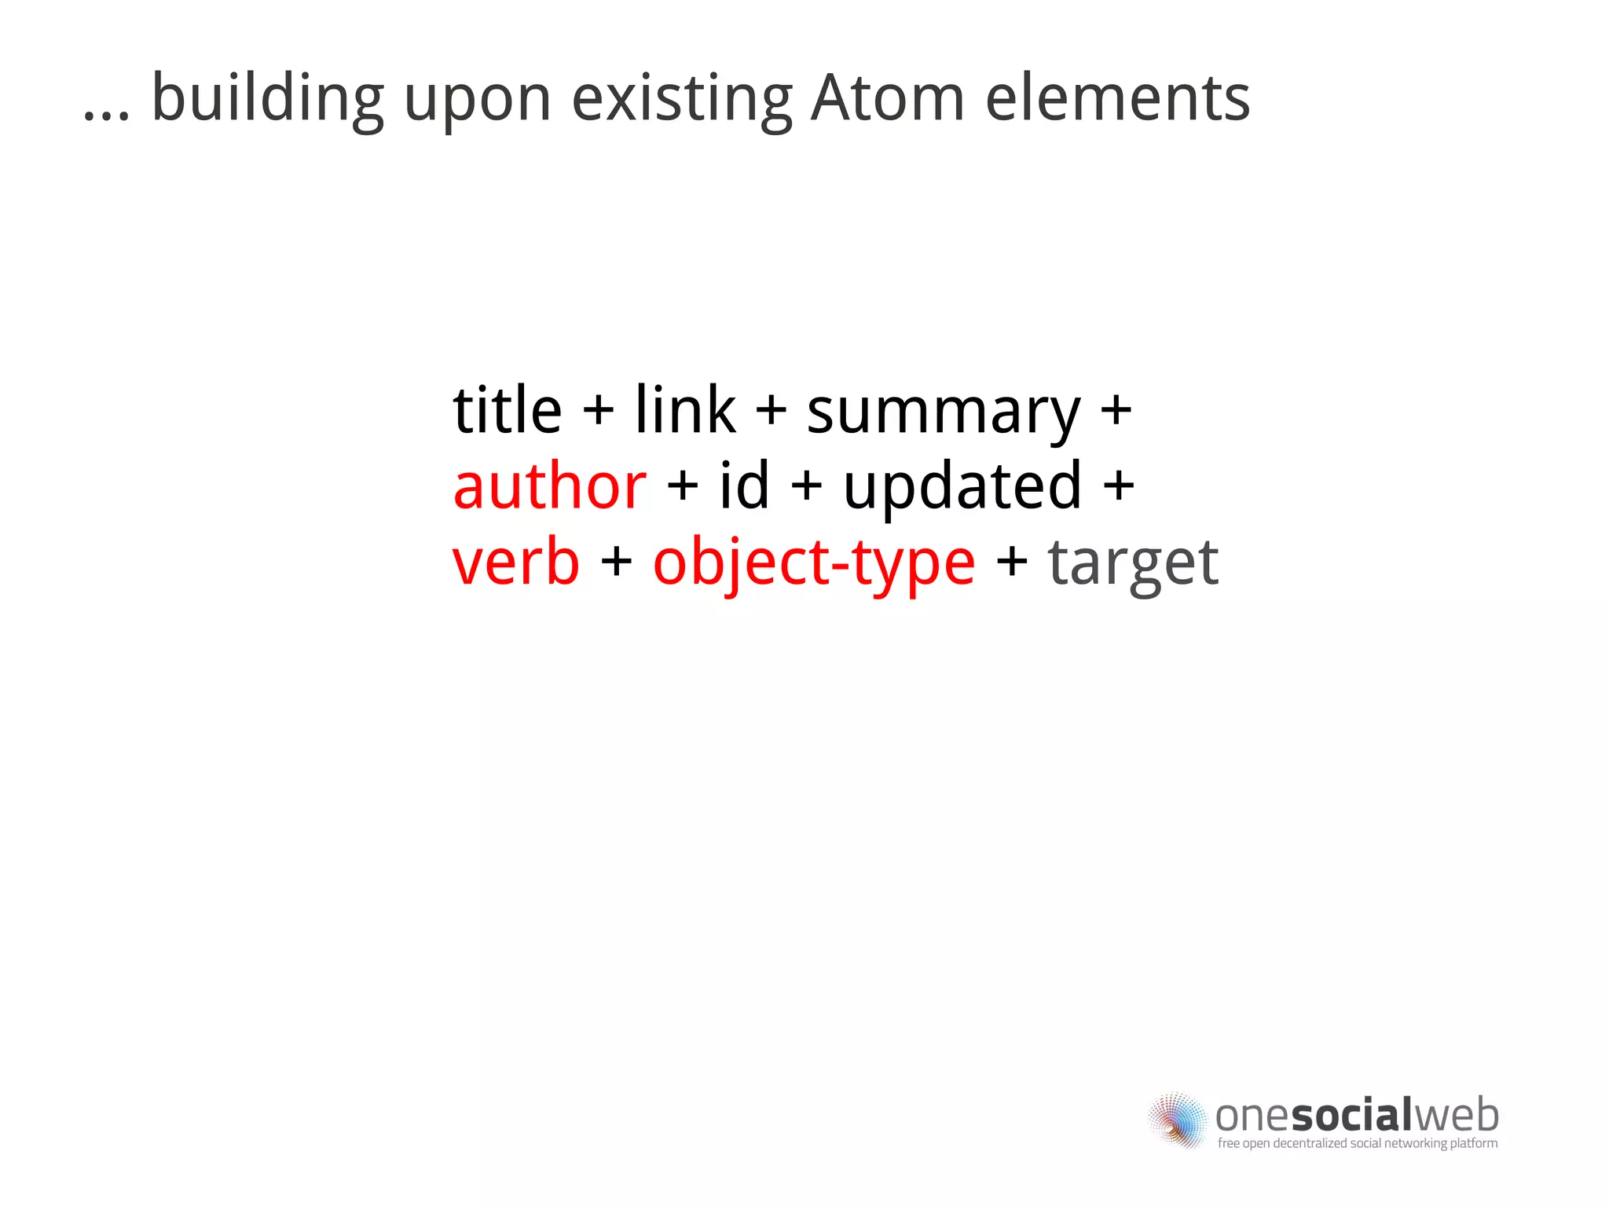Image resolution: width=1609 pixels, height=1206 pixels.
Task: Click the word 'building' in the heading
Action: point(267,100)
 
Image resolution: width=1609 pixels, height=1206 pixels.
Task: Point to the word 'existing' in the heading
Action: point(682,100)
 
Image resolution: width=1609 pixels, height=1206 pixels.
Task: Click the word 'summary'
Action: point(944,413)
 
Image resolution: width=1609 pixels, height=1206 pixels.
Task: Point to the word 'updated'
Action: point(962,487)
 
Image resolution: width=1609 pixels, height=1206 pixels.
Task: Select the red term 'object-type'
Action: point(814,564)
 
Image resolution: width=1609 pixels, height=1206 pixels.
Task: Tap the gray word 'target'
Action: point(1133,564)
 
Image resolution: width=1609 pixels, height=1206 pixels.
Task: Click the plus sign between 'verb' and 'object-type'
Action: point(616,563)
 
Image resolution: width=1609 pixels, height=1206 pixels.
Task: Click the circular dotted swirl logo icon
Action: point(1176,1120)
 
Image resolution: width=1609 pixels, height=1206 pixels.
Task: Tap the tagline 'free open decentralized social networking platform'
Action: point(1357,1143)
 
